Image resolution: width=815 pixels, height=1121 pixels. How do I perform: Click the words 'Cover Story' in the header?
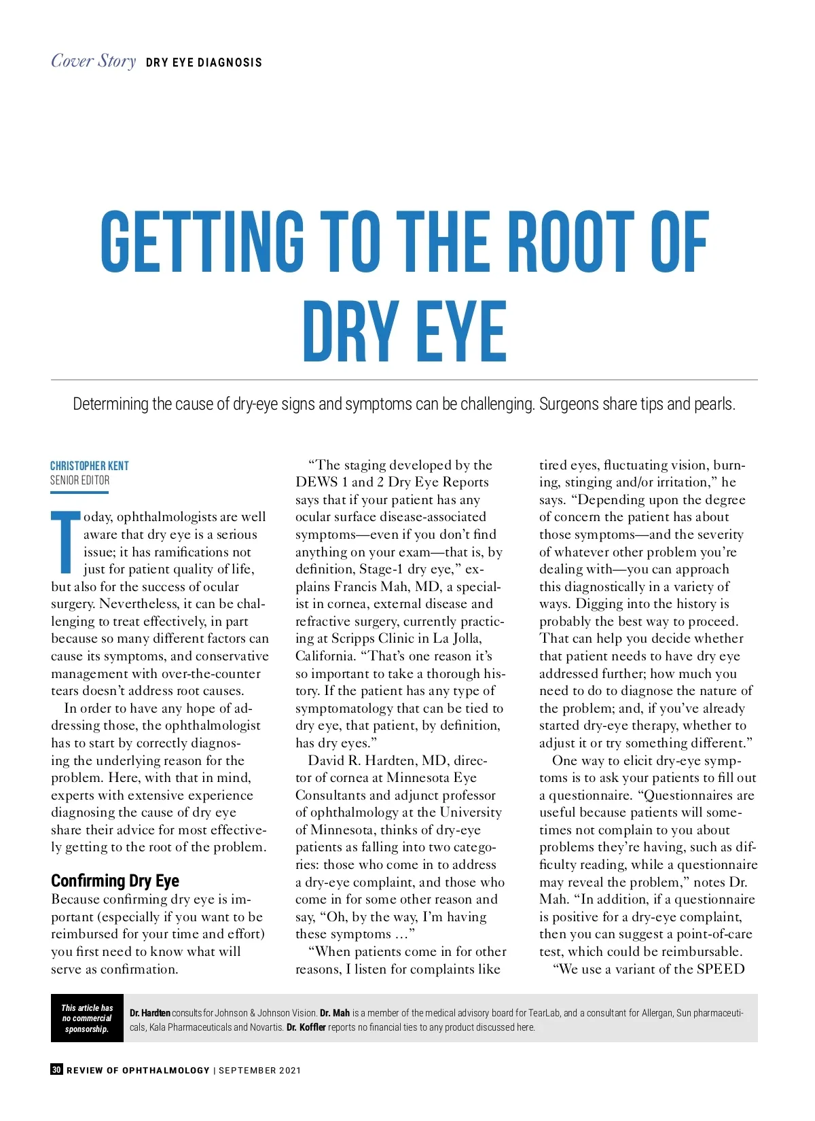click(x=94, y=61)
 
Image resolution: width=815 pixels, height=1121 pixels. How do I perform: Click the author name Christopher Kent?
click(x=89, y=465)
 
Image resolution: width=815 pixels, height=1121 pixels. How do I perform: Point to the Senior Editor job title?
click(x=79, y=480)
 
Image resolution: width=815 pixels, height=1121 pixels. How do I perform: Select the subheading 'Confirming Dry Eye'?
click(x=115, y=880)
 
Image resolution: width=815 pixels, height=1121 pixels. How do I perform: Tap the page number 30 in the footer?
click(x=56, y=1069)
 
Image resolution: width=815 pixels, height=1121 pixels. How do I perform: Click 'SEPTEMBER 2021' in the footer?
click(x=259, y=1070)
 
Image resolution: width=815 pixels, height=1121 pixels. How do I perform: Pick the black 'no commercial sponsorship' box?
click(x=87, y=1018)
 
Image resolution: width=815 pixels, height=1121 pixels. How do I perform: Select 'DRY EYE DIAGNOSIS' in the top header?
click(x=204, y=63)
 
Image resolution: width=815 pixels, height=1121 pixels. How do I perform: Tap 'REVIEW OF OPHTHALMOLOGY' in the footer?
click(x=138, y=1070)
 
